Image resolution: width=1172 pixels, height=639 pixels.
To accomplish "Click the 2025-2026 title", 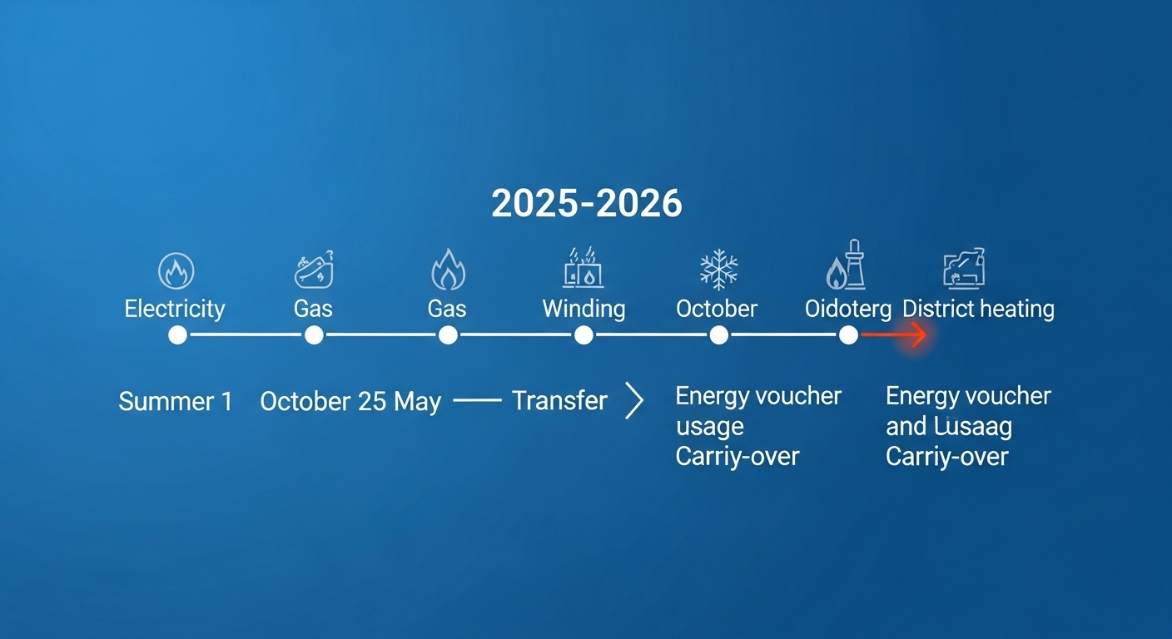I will (x=586, y=204).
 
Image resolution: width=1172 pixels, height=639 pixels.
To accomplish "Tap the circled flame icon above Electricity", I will (x=176, y=271).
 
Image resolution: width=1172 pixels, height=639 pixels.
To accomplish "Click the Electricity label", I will (x=175, y=310).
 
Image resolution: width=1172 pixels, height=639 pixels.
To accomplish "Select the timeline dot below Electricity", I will (x=177, y=335).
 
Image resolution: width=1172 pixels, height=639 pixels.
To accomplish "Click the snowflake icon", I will (x=718, y=270).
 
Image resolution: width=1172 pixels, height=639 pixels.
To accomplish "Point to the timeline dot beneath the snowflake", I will (x=718, y=335).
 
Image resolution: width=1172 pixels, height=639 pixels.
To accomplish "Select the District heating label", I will (x=978, y=310).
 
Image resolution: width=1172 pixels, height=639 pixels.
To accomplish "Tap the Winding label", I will (x=584, y=310).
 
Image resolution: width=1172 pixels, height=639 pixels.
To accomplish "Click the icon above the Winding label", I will (x=583, y=268).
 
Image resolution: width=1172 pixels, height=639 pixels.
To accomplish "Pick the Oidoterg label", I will (x=847, y=310).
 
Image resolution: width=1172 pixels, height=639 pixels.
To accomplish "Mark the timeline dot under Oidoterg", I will (x=848, y=335).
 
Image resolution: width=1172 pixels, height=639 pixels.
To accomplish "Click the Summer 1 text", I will (x=176, y=402).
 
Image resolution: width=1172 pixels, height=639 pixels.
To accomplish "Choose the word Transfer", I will (x=559, y=401).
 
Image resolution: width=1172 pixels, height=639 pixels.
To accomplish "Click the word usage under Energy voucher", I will (x=709, y=427).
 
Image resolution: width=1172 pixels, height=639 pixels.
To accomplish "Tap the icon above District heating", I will (x=965, y=268).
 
